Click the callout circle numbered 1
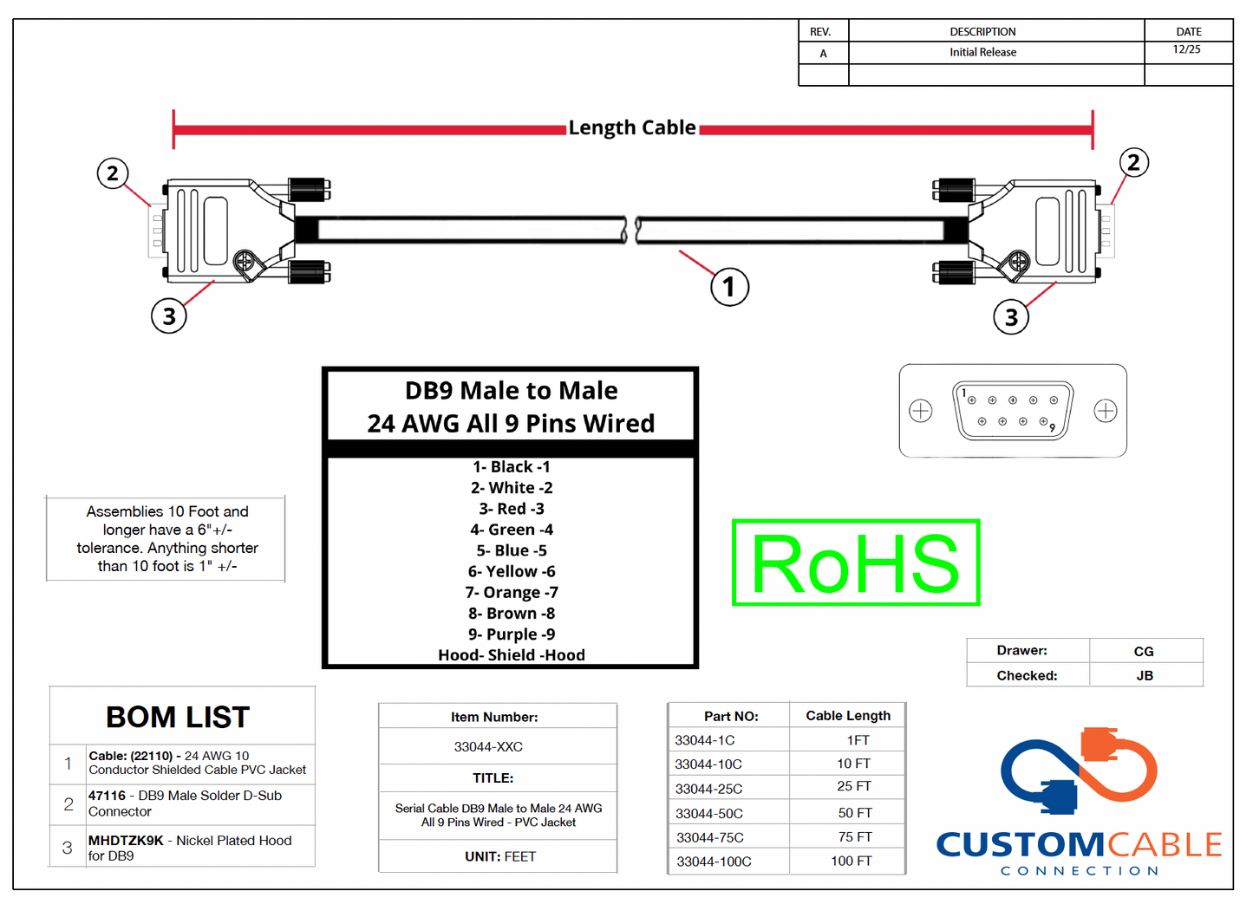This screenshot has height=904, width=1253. point(729,288)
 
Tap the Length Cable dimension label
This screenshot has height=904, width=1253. point(632,127)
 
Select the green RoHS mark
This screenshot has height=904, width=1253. point(856,563)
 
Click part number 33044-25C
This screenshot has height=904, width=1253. point(708,789)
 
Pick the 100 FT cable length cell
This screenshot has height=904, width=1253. point(851,861)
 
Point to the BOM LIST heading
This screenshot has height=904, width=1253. point(178,717)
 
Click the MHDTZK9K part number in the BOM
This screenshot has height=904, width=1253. point(126,840)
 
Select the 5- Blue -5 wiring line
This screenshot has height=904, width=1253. point(512,550)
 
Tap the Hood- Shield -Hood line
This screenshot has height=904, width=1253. point(512,655)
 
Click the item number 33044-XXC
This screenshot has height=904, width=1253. point(488,747)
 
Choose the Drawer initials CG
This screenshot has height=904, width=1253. point(1144,651)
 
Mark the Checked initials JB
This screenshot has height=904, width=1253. point(1145,675)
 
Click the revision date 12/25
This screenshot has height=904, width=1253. point(1186,49)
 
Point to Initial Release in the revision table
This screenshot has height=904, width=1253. point(982,52)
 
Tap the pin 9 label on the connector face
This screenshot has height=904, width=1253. point(1052,427)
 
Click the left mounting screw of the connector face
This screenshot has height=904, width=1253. point(921,410)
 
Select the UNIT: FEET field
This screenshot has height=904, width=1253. point(500,856)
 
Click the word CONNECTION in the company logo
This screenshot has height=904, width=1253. point(1080,870)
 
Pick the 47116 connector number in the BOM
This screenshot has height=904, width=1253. point(107,795)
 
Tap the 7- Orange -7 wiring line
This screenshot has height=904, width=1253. point(512,593)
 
